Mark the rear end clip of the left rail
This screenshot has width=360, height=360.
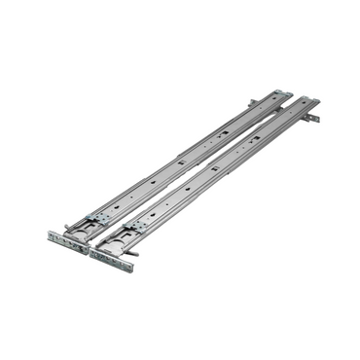pos(283,93)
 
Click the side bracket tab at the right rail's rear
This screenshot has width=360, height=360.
pos(312,119)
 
